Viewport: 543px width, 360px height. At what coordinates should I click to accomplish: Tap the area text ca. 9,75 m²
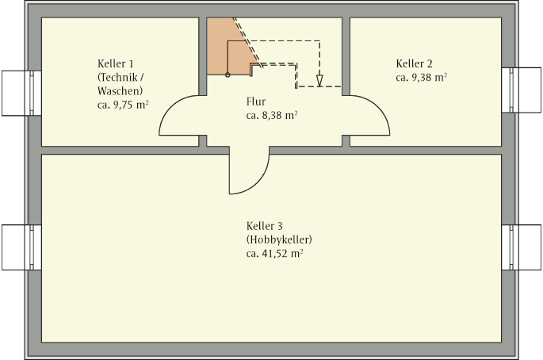124,104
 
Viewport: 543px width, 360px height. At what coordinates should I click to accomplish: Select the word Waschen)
115,90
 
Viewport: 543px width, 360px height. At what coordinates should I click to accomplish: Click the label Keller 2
414,63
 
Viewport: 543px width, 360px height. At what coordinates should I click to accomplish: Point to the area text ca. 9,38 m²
421,78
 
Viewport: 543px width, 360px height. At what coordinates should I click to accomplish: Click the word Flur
255,101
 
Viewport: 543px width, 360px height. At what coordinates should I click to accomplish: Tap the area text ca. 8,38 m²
272,115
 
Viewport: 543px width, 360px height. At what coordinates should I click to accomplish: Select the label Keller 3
265,226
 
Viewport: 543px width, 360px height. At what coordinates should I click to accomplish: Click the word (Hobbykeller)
279,239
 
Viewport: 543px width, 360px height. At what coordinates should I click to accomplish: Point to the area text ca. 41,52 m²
275,254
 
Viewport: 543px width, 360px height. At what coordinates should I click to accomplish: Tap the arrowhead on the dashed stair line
319,79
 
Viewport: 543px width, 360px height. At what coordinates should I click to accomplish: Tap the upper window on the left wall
21,93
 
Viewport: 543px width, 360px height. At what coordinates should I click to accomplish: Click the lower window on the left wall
21,247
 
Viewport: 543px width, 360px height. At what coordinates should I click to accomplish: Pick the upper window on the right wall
522,90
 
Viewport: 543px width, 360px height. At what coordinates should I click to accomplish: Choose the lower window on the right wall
522,247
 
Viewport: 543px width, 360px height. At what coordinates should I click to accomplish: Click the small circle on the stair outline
228,75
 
